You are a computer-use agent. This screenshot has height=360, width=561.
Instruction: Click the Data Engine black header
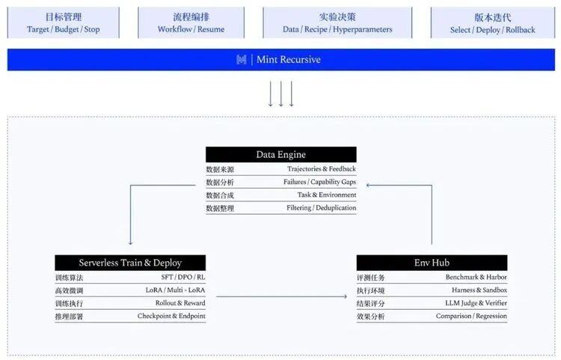tap(280, 155)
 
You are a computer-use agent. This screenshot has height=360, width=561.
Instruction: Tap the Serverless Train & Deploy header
tap(130, 263)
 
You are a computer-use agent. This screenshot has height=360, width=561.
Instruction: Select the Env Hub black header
tap(432, 263)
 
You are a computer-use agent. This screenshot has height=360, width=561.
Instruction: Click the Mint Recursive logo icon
tap(242, 59)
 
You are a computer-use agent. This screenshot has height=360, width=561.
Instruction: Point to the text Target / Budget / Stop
tap(64, 29)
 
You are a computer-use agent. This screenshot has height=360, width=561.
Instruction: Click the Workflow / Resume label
tap(191, 29)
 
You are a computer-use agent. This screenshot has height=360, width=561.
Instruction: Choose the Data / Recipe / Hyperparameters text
tap(337, 29)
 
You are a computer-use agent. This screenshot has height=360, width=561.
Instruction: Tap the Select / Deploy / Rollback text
tap(493, 30)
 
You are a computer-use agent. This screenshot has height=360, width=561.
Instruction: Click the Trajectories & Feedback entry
tap(322, 169)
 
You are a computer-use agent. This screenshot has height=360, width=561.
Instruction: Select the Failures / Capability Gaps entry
tap(319, 182)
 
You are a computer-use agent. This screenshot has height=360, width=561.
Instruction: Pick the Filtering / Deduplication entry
tap(322, 208)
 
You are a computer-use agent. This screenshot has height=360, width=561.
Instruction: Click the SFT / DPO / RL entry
tap(183, 277)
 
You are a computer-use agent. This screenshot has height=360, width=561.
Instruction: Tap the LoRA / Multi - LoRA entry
tap(175, 290)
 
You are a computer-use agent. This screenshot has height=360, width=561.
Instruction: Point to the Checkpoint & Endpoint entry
tap(171, 316)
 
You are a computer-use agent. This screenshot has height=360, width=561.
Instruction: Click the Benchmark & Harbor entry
tap(476, 277)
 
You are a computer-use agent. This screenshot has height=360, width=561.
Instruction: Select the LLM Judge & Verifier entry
tap(476, 303)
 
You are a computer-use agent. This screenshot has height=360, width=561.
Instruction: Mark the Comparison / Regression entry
tap(471, 316)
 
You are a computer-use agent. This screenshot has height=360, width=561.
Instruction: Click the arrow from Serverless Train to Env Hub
tap(281, 296)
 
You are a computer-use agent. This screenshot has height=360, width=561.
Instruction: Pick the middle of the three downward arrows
tap(280, 94)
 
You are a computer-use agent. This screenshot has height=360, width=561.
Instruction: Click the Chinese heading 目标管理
tap(64, 16)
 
